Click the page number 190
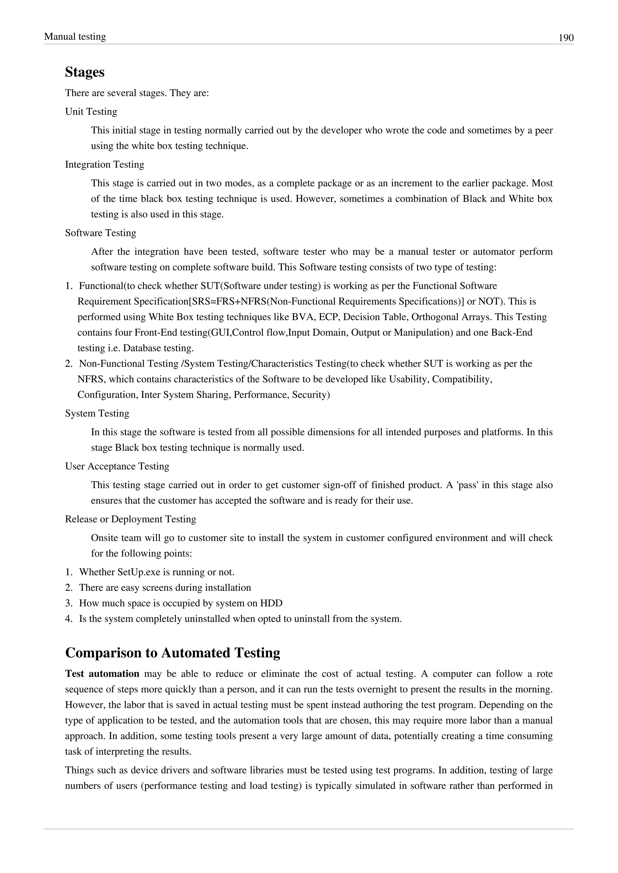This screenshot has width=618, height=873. click(566, 38)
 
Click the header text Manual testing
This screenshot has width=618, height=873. click(75, 36)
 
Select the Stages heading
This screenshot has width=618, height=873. click(84, 72)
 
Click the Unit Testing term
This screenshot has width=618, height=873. click(91, 112)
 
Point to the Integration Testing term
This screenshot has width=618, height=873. click(105, 164)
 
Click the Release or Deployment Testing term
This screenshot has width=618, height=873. click(131, 519)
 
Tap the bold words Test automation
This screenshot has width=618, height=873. click(102, 674)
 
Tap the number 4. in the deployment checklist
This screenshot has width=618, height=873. click(68, 619)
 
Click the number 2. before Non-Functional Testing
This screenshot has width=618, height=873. click(68, 364)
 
